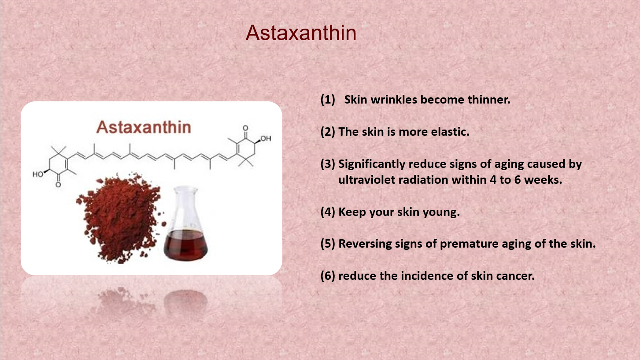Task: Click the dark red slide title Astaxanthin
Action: pos(301,33)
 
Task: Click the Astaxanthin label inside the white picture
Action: pos(144,127)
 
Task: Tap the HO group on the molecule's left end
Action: pos(38,174)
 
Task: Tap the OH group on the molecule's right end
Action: pos(266,138)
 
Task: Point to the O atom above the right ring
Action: pos(245,128)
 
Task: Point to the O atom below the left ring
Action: pos(58,185)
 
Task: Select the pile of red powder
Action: pos(120,218)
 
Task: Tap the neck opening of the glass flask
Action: pos(186,189)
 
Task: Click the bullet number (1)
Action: pos(328,100)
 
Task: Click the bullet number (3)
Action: pos(328,164)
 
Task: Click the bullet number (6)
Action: pos(328,276)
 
